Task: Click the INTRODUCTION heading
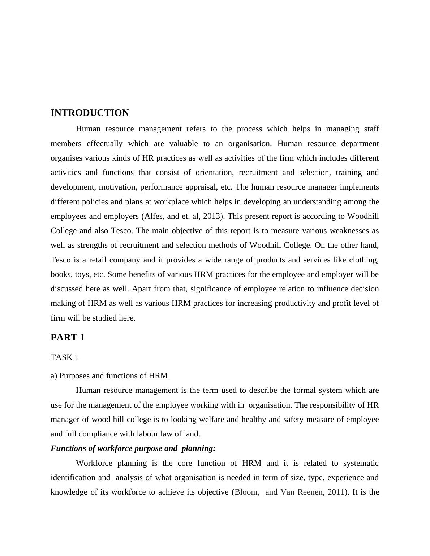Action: [90, 113]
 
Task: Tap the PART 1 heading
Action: [68, 338]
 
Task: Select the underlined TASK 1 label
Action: [65, 357]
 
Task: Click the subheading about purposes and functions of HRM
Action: [109, 376]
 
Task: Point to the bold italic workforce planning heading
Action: [133, 448]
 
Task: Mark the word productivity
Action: [295, 303]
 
